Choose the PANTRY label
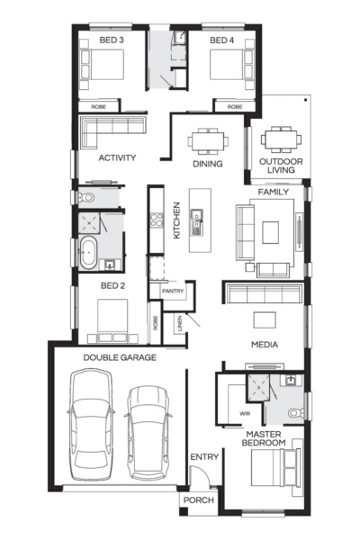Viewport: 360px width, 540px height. (172, 292)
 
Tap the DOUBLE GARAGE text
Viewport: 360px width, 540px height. (120, 357)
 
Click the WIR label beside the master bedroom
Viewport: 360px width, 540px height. (232, 413)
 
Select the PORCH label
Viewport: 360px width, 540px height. (197, 500)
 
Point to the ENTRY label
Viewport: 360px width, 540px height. (203, 457)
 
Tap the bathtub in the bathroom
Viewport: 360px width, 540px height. (87, 253)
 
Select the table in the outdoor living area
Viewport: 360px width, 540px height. (281, 139)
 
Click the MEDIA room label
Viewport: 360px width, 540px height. (264, 344)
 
